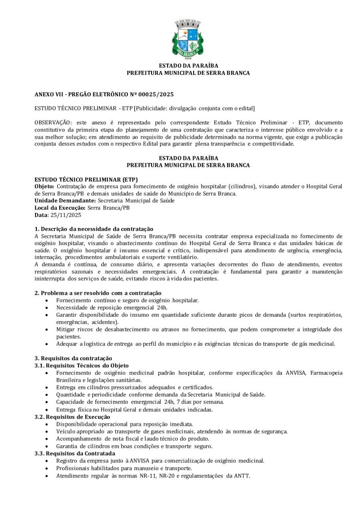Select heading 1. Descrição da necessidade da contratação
coord(94,229)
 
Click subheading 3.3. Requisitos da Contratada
coord(75,453)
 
